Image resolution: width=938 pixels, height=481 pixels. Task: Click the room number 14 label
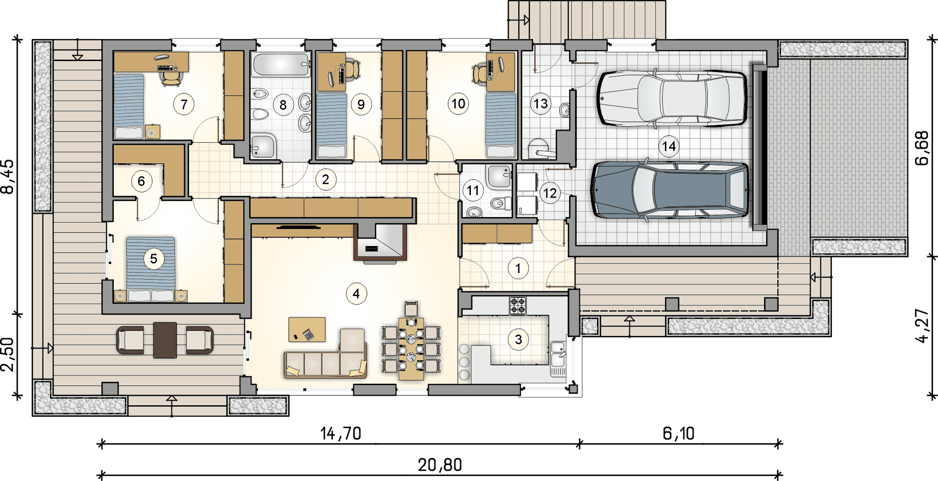pos(668,146)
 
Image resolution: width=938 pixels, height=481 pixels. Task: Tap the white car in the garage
pos(672,99)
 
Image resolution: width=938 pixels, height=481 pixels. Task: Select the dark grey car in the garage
pos(669,190)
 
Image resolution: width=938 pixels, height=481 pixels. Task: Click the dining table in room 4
pos(411,348)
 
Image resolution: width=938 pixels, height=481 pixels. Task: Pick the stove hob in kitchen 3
pos(518,306)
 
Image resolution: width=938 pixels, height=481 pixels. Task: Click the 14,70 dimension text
pos(341,434)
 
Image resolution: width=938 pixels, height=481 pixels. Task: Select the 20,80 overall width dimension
pos(440,465)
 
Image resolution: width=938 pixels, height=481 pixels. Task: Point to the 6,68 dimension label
pos(922,148)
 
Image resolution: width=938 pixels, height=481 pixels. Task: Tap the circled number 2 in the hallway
pos(326,180)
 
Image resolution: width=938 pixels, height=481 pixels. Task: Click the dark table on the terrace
pos(165,340)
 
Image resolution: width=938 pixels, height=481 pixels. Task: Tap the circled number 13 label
pos(541,104)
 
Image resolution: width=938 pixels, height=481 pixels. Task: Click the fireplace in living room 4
pos(380,242)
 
